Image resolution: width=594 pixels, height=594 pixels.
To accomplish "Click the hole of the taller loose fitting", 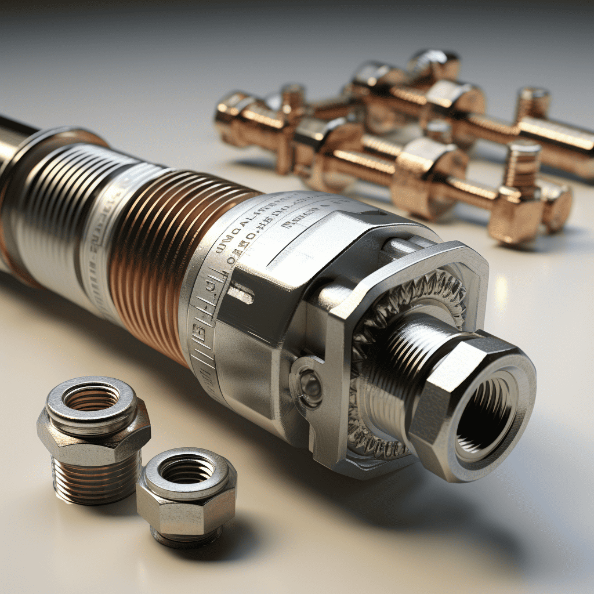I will coord(91,397).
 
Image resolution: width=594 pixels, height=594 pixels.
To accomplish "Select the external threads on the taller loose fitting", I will coord(96,476).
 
